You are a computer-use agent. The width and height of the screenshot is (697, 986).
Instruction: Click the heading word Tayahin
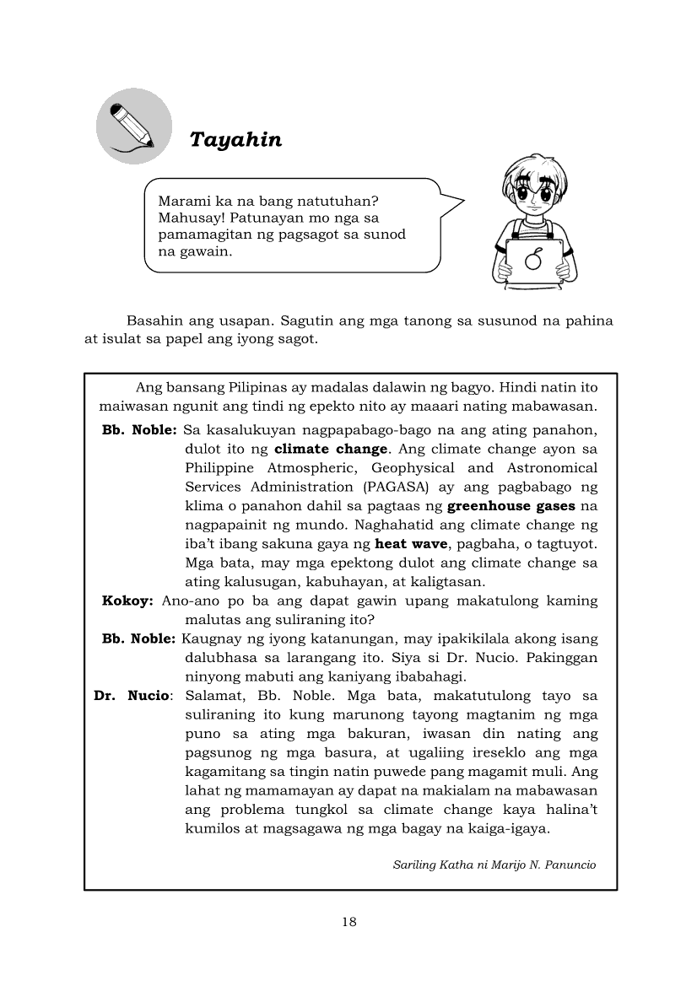pos(235,139)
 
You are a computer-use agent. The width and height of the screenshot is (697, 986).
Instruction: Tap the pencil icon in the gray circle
pos(133,127)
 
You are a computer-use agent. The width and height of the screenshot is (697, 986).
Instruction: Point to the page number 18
pos(349,921)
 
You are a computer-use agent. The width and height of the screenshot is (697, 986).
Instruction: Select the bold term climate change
pos(331,449)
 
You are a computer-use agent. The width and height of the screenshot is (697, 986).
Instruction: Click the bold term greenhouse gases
pos(511,506)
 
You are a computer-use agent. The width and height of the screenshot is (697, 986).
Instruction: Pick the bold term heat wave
pos(411,544)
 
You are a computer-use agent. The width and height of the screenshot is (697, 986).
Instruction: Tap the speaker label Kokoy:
pos(127,601)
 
